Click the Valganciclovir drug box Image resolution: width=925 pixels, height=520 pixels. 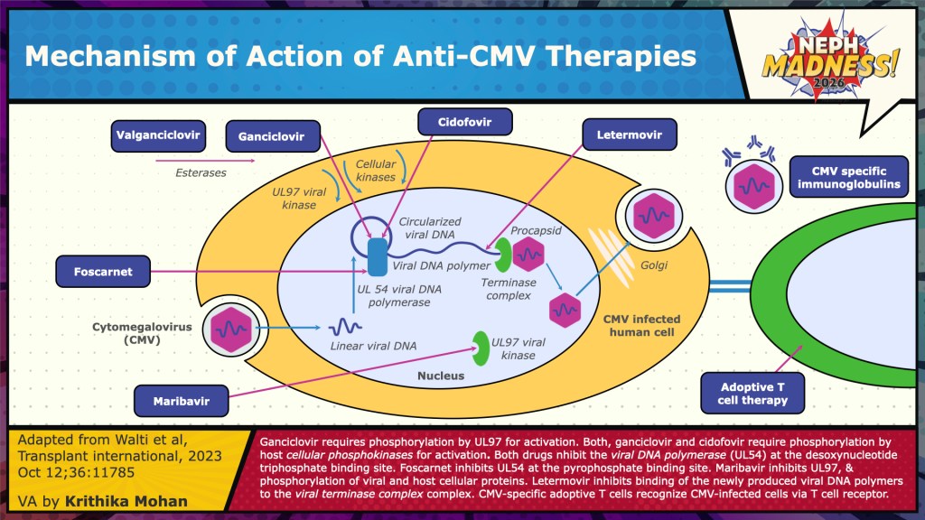click(x=158, y=137)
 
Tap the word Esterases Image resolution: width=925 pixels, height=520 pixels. click(x=201, y=172)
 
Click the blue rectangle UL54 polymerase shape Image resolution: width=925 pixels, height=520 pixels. click(x=377, y=257)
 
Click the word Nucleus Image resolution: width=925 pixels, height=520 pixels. click(x=441, y=375)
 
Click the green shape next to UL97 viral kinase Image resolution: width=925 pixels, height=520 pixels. click(x=481, y=343)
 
